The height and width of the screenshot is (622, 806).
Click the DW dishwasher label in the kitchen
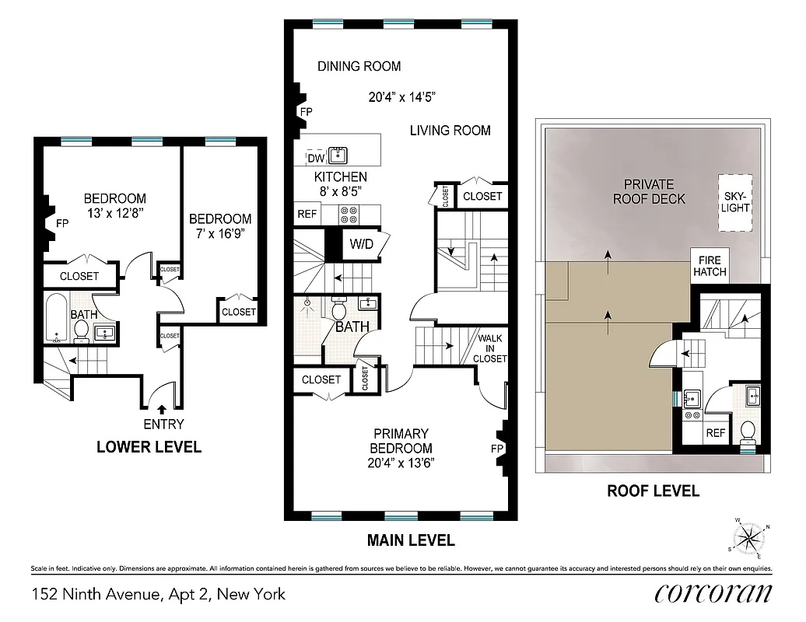[316, 159]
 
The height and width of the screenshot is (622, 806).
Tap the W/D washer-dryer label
[360, 244]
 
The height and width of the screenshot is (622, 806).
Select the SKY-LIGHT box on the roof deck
[735, 202]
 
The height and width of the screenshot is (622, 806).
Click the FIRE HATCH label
[710, 266]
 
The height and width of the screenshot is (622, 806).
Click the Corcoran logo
[713, 594]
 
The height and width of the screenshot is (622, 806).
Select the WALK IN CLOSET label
[491, 348]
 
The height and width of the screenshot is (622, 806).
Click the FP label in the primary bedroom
[497, 449]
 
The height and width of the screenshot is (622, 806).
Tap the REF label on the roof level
[715, 433]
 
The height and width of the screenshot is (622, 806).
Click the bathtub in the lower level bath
[56, 318]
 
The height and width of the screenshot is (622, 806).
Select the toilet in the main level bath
[339, 309]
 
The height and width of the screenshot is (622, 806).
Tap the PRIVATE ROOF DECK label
[649, 191]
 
